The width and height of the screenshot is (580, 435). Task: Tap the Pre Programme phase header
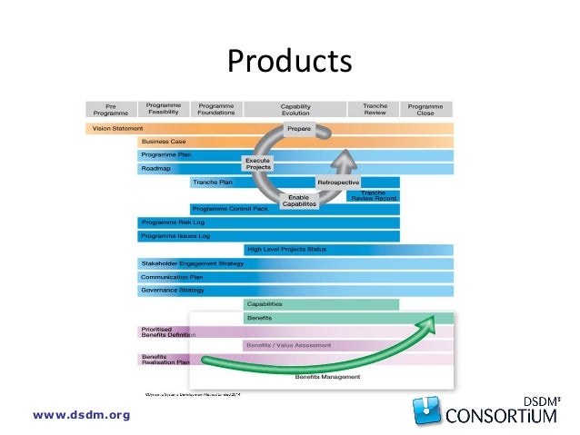point(110,109)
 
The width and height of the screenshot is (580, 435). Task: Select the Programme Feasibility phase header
point(164,109)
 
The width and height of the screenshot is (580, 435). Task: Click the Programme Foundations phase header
point(216,109)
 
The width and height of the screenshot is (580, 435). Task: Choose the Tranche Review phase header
point(375,109)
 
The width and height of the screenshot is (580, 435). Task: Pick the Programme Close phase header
point(426,109)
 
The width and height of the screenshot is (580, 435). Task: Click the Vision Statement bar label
point(117,129)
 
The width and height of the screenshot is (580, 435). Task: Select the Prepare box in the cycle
point(298,130)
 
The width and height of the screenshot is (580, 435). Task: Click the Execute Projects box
point(258,164)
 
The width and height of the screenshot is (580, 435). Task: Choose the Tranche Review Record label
point(373,195)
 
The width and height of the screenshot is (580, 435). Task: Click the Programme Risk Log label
point(170,222)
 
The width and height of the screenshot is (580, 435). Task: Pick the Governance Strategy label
point(172,290)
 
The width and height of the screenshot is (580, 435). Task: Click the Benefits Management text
point(327,376)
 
